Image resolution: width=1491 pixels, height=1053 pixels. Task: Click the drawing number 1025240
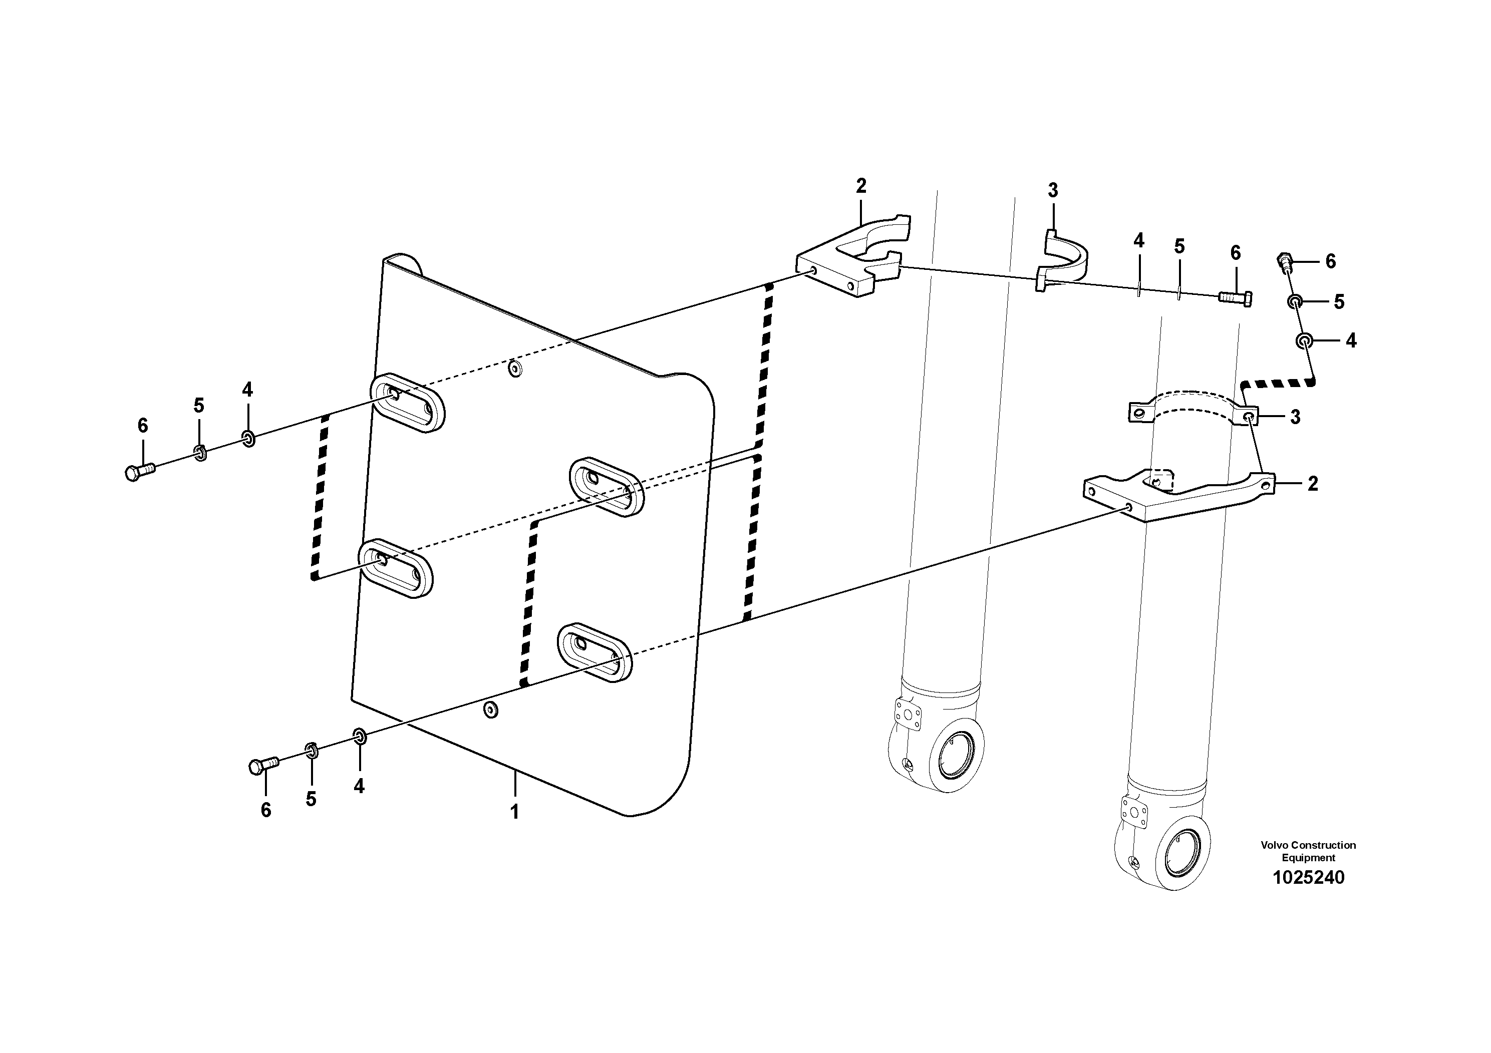click(1308, 878)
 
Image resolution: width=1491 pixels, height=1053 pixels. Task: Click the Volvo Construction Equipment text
click(1308, 851)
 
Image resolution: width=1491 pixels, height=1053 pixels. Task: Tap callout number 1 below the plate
click(514, 812)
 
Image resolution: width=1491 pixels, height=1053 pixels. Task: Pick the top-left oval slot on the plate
click(408, 403)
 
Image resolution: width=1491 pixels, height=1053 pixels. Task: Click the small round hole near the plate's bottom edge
click(492, 710)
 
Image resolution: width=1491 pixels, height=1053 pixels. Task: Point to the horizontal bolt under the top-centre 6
click(1235, 298)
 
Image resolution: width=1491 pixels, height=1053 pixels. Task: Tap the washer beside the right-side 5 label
click(1294, 301)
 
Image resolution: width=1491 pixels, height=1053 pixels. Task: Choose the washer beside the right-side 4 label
click(1303, 341)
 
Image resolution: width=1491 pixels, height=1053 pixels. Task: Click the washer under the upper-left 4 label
click(248, 439)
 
